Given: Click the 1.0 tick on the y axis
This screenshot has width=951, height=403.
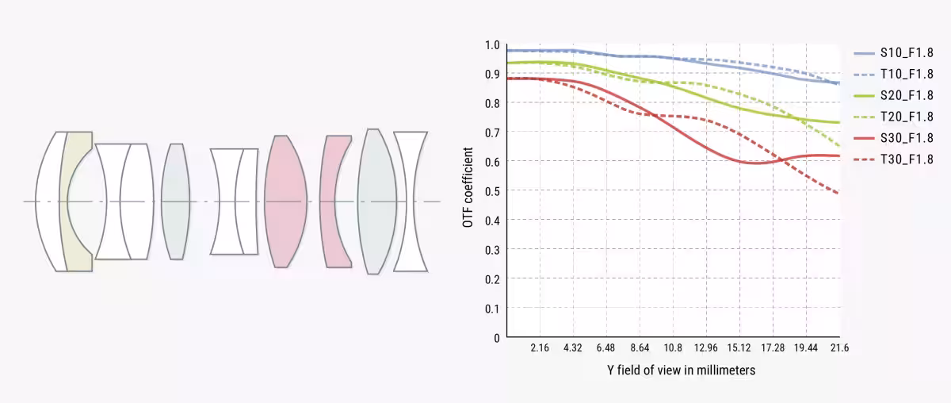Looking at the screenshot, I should (493, 45).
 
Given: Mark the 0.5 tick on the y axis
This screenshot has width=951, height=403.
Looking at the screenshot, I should (493, 191).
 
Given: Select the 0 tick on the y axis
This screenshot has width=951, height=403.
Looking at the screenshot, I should (497, 337).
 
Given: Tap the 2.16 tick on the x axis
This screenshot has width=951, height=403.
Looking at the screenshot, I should (540, 348).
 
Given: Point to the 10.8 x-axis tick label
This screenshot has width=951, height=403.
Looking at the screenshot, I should (673, 348).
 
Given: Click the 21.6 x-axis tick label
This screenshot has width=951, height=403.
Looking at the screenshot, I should (840, 348).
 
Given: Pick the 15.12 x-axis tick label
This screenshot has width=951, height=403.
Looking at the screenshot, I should (739, 348).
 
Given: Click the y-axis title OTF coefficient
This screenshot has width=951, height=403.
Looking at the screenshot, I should (468, 187).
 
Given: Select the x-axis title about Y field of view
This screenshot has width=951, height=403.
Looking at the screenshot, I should (681, 370).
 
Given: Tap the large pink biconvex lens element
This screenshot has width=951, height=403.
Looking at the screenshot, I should (285, 201).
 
